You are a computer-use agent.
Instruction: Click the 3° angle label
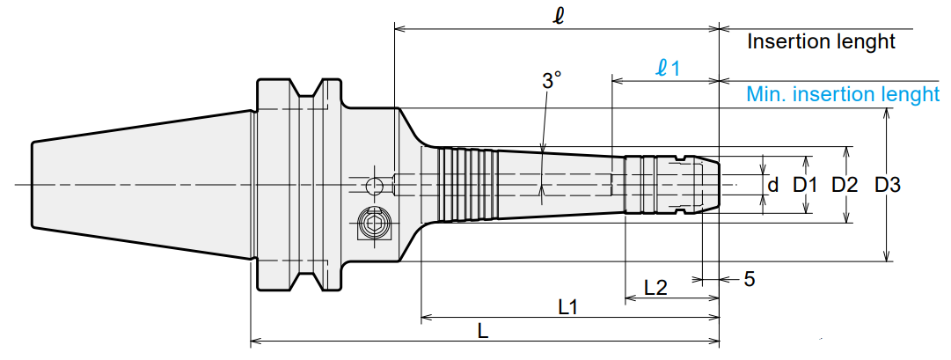(x=551, y=80)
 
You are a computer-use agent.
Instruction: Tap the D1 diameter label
(x=806, y=185)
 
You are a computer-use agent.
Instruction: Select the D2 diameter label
(x=845, y=185)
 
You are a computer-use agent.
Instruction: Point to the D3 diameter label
(x=888, y=185)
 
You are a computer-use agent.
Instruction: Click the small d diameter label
(x=772, y=185)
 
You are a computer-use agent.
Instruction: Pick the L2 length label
(x=655, y=287)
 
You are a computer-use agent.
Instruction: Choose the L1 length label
(x=567, y=307)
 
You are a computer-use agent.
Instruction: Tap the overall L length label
(x=483, y=331)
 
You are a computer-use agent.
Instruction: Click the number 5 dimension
(x=750, y=279)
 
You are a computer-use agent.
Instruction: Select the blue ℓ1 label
(x=668, y=68)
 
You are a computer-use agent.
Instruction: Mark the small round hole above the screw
(x=375, y=185)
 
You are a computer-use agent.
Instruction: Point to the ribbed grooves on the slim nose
(x=468, y=184)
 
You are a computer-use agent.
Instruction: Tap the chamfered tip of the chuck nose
(x=711, y=185)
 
